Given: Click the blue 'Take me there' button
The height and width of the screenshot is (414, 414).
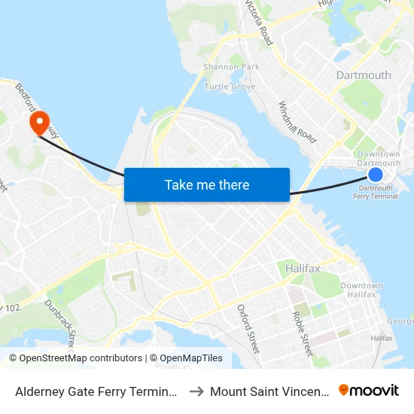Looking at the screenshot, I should [x=207, y=184].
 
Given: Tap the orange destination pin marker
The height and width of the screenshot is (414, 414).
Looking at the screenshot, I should [x=37, y=123].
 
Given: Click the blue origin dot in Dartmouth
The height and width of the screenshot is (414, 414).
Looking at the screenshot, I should [x=376, y=174].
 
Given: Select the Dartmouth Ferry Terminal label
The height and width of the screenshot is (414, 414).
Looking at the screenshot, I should [x=376, y=192].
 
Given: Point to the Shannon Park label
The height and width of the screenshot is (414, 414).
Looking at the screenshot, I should [x=231, y=67].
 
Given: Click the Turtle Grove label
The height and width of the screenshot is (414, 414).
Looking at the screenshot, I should [x=230, y=87].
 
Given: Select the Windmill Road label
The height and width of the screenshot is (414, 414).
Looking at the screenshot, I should [x=297, y=123].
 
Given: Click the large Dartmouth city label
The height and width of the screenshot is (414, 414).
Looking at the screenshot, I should [x=364, y=75].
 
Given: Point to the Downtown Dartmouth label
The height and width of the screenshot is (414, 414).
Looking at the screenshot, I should [x=378, y=159].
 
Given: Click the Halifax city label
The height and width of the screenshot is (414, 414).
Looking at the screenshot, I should [x=303, y=268].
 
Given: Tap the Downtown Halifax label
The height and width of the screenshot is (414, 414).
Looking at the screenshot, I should [x=361, y=290].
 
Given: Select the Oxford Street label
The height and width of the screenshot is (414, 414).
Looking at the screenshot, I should [x=248, y=328].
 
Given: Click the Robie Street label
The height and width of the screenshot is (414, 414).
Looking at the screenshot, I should [x=302, y=333].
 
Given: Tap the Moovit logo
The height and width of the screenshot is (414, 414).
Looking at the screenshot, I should [x=369, y=391].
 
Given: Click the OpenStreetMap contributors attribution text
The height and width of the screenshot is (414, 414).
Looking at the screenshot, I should [x=75, y=358].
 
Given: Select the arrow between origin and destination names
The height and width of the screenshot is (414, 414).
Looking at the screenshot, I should [x=194, y=391].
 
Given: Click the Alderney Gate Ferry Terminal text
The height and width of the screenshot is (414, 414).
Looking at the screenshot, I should [x=96, y=391].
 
